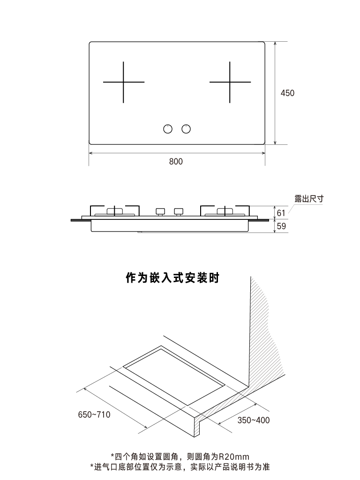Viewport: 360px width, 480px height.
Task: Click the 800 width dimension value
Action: (176, 162)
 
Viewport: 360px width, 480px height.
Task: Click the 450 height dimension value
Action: (287, 93)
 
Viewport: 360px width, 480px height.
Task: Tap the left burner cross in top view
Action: (123, 82)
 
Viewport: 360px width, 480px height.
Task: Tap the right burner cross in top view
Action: (230, 82)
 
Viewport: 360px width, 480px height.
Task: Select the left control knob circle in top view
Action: (168, 128)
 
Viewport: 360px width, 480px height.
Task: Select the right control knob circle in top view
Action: (186, 128)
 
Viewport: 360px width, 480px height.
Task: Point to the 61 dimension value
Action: (281, 213)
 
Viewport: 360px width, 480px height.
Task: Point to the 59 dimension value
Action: (281, 226)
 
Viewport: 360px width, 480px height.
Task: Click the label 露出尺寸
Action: (309, 199)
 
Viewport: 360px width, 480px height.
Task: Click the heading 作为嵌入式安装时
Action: (173, 278)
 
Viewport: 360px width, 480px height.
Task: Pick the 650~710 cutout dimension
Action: (94, 414)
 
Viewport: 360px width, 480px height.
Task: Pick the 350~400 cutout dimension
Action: (253, 420)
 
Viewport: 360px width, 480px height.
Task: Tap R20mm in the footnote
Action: (234, 456)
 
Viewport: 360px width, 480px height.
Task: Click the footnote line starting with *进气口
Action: (180, 467)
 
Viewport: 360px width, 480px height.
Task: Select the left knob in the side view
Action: (160, 211)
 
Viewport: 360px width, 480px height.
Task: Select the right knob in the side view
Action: (178, 211)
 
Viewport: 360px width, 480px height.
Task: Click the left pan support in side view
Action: (115, 210)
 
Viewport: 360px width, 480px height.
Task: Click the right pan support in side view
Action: (225, 210)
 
